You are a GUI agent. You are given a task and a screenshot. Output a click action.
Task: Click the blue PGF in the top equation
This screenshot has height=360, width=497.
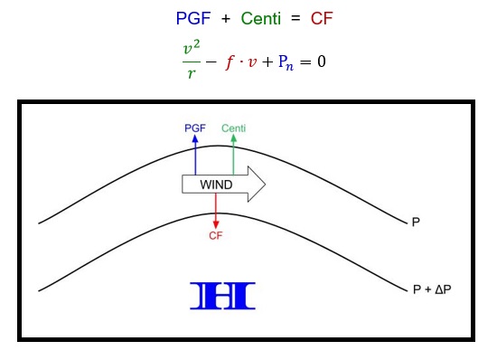coord(192,17)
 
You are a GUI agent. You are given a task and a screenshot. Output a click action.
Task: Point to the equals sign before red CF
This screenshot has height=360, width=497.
coord(296,17)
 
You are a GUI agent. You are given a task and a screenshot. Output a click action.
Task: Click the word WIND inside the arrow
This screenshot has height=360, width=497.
coord(216,185)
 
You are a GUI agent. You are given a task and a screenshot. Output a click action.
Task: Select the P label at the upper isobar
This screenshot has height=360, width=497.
coord(416,221)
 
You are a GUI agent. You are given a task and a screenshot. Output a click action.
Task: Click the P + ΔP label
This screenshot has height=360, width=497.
coord(430,289)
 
